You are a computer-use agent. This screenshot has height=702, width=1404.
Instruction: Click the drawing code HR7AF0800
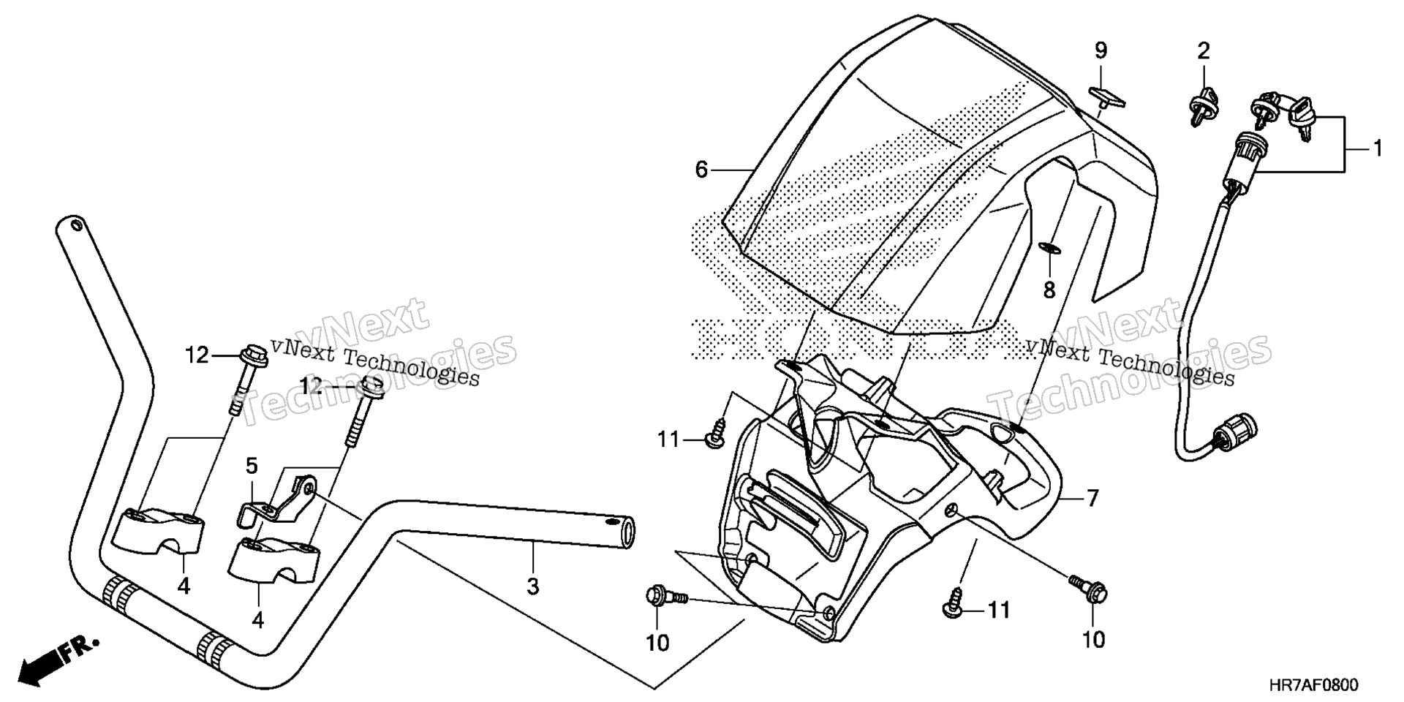coord(1313,685)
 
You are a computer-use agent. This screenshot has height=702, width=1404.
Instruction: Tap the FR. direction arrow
coord(58,660)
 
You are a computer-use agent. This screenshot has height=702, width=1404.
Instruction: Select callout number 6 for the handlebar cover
coord(701,170)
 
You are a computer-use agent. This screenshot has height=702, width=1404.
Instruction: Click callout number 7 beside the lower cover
coord(1092,499)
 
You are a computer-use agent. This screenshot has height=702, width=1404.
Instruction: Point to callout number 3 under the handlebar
coord(533,586)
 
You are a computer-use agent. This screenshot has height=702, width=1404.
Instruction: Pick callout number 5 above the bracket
coord(252,466)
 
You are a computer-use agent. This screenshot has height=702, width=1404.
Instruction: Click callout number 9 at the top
coord(1101,51)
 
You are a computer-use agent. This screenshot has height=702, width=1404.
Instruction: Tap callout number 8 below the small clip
coord(1049,290)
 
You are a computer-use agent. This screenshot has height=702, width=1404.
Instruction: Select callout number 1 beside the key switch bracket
coord(1378,149)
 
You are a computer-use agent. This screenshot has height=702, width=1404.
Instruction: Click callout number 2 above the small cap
coord(1204,51)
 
